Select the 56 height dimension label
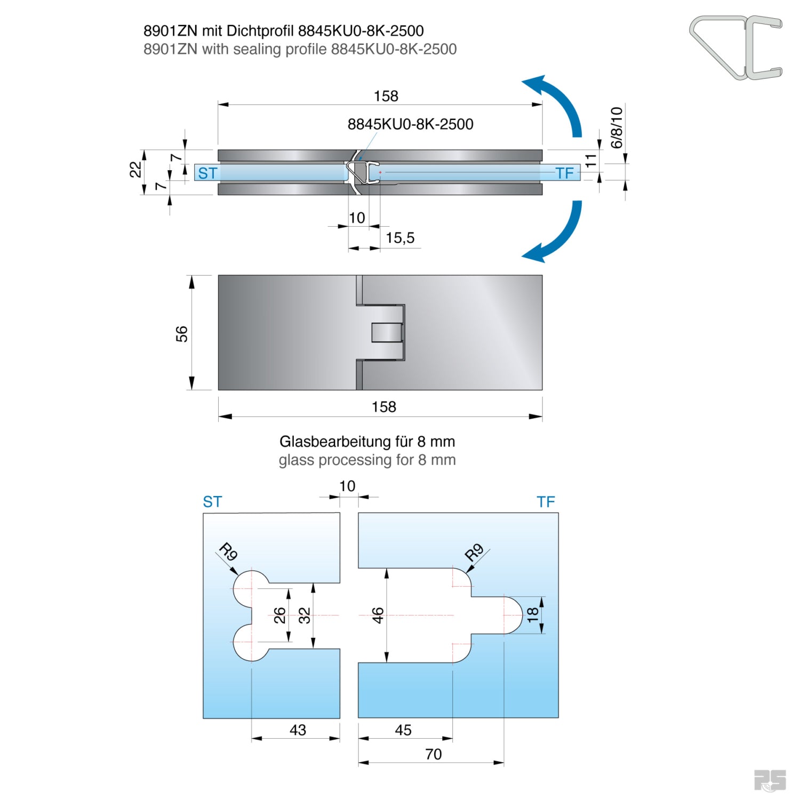pyautogui.click(x=182, y=334)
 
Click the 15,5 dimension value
pyautogui.click(x=400, y=238)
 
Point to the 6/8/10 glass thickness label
pyautogui.click(x=617, y=127)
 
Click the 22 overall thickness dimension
pyautogui.click(x=135, y=170)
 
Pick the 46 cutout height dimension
pyautogui.click(x=378, y=615)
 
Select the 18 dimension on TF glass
pyautogui.click(x=533, y=615)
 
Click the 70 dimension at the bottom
pyautogui.click(x=433, y=754)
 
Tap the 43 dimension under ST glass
pyautogui.click(x=298, y=730)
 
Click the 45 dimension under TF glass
pyautogui.click(x=403, y=730)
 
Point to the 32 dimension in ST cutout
pyautogui.click(x=304, y=615)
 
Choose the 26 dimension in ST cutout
pyautogui.click(x=280, y=615)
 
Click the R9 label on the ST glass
pyautogui.click(x=228, y=551)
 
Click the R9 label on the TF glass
pyautogui.click(x=474, y=552)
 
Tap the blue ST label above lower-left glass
pyautogui.click(x=212, y=502)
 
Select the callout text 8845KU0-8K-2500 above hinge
pyautogui.click(x=410, y=124)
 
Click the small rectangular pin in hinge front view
pyautogui.click(x=387, y=332)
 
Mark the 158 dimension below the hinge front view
pyautogui.click(x=383, y=407)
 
